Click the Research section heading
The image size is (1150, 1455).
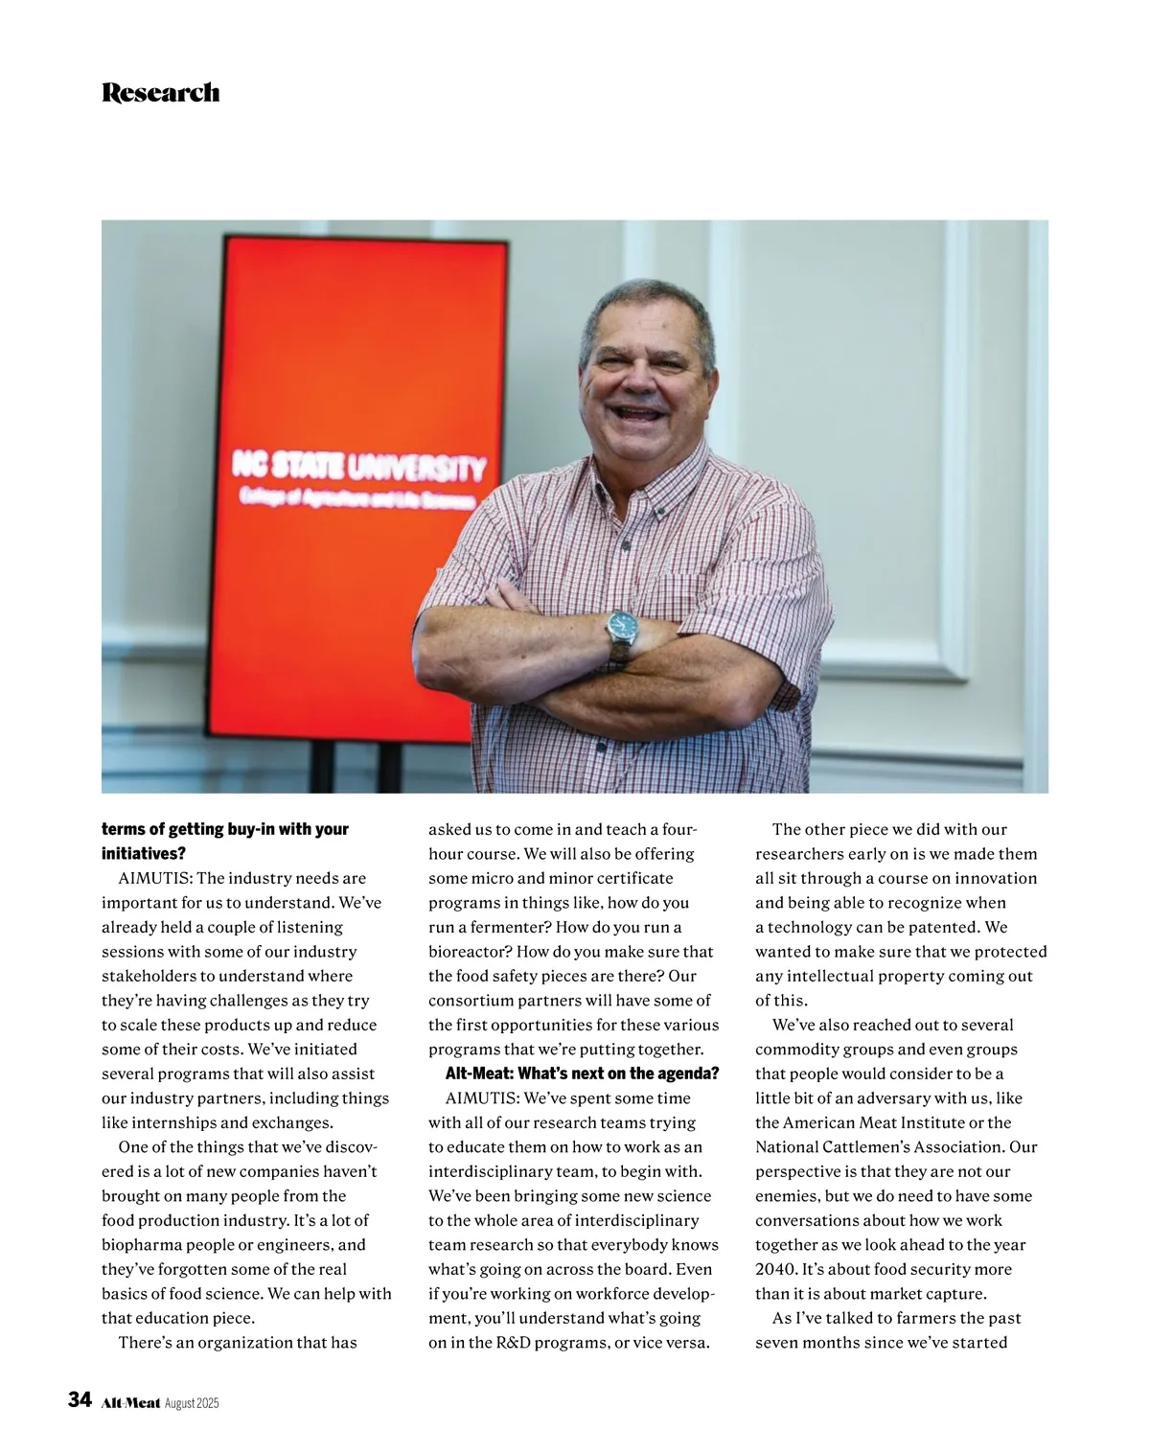tap(160, 93)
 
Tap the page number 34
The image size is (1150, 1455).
tap(80, 1400)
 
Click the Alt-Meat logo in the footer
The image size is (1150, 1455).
tap(130, 1402)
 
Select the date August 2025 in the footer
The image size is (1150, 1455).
tap(192, 1403)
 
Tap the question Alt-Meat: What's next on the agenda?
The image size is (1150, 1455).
tap(582, 1074)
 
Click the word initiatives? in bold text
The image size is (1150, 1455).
tap(144, 853)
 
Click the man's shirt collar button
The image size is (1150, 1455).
tap(659, 513)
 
